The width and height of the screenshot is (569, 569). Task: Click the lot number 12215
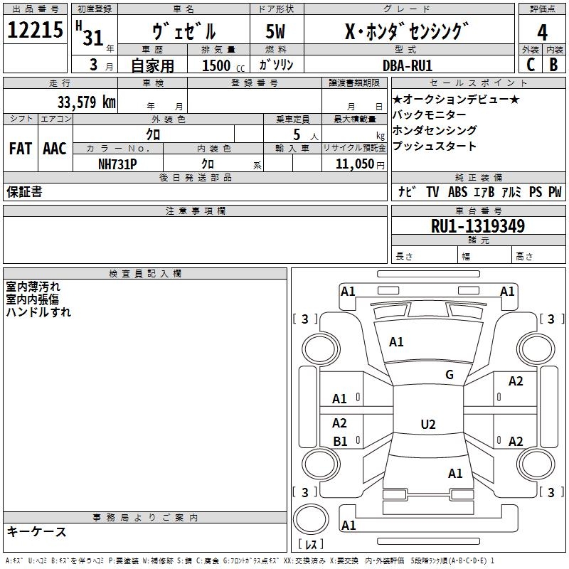[x=35, y=30]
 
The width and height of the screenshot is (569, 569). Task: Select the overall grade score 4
[x=542, y=33]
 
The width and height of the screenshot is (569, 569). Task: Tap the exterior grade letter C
[x=531, y=65]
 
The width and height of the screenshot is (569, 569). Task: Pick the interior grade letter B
[x=554, y=65]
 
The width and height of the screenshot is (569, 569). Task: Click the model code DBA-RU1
[x=408, y=65]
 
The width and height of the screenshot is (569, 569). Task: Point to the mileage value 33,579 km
[x=87, y=102]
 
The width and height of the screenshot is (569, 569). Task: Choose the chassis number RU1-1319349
[x=478, y=226]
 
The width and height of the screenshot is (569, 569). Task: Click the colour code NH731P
[x=117, y=164]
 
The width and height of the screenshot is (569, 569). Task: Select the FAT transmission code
[x=21, y=149]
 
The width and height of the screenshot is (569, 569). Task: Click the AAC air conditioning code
[x=55, y=149]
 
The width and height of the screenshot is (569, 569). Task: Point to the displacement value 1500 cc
[x=223, y=65]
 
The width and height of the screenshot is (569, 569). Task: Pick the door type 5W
[x=275, y=31]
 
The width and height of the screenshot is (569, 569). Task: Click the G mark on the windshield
[x=450, y=375]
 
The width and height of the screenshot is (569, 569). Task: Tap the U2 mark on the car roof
[x=428, y=424]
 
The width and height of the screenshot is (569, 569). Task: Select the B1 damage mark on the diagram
[x=340, y=442]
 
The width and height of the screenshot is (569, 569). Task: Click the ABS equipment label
[x=457, y=192]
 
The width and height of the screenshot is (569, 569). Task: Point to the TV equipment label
[x=432, y=192]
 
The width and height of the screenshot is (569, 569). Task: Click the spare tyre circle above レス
[x=311, y=519]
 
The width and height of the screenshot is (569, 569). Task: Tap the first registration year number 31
[x=93, y=38]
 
